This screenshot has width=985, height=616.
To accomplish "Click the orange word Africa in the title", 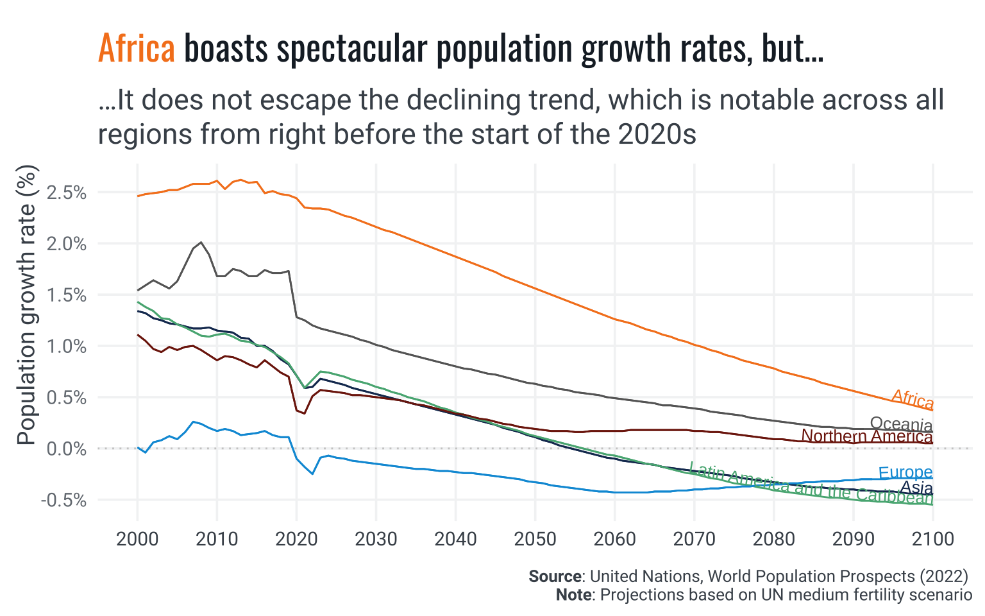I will coord(136,49).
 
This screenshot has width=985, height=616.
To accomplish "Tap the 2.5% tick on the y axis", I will coord(67,193).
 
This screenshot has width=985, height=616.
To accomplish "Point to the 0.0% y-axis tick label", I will coord(67,449).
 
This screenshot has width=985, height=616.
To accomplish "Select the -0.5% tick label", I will coord(63,500).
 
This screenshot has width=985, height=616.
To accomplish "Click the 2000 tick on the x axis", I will coord(137,538).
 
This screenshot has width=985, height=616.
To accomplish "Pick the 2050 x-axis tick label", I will coord(535,538).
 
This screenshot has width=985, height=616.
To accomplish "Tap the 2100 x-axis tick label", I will coord(932,538).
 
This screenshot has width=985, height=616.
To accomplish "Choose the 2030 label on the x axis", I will coord(376,538).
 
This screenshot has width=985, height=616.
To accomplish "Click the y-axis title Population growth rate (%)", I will coord(27,305).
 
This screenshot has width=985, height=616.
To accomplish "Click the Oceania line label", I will coord(901,424).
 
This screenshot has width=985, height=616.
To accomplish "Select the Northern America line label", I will coord(867,436).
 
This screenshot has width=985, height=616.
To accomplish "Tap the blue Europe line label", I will coord(905,473).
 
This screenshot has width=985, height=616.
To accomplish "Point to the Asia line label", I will coord(916,488).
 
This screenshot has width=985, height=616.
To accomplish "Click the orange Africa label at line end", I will coord(913,399).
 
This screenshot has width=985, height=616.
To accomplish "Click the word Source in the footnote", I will coord(555,576).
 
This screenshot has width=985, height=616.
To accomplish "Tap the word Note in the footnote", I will coord(574,595).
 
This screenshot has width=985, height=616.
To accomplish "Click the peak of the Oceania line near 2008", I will coord(201,243).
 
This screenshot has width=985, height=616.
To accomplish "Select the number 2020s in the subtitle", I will coord(657,134).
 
